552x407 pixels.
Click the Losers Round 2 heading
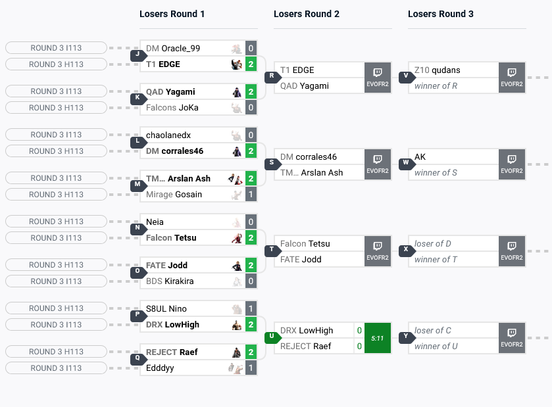(307, 14)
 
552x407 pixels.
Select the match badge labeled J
(137, 56)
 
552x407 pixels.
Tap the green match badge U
(270, 338)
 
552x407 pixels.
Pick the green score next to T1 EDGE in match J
(251, 64)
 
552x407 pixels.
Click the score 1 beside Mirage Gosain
(251, 195)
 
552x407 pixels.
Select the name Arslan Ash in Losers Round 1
(189, 178)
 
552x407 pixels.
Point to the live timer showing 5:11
(378, 339)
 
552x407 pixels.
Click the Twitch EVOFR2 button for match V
(511, 78)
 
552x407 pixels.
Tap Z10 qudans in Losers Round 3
(437, 70)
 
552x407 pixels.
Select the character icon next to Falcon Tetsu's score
(236, 238)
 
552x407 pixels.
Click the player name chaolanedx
(168, 135)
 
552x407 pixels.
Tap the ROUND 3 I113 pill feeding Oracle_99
(56, 48)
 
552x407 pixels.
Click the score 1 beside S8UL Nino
(251, 309)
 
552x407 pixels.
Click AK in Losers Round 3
(420, 157)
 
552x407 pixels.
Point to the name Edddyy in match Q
(160, 368)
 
